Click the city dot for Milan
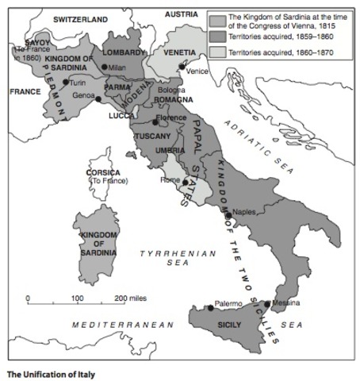(x=105, y=67)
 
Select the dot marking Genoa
(x=98, y=99)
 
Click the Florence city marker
(x=155, y=122)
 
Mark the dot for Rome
(x=185, y=182)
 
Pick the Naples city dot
(x=228, y=215)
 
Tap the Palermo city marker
(x=210, y=307)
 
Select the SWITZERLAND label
(x=80, y=17)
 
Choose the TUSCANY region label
(x=148, y=137)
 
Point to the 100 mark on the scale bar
(x=78, y=298)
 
